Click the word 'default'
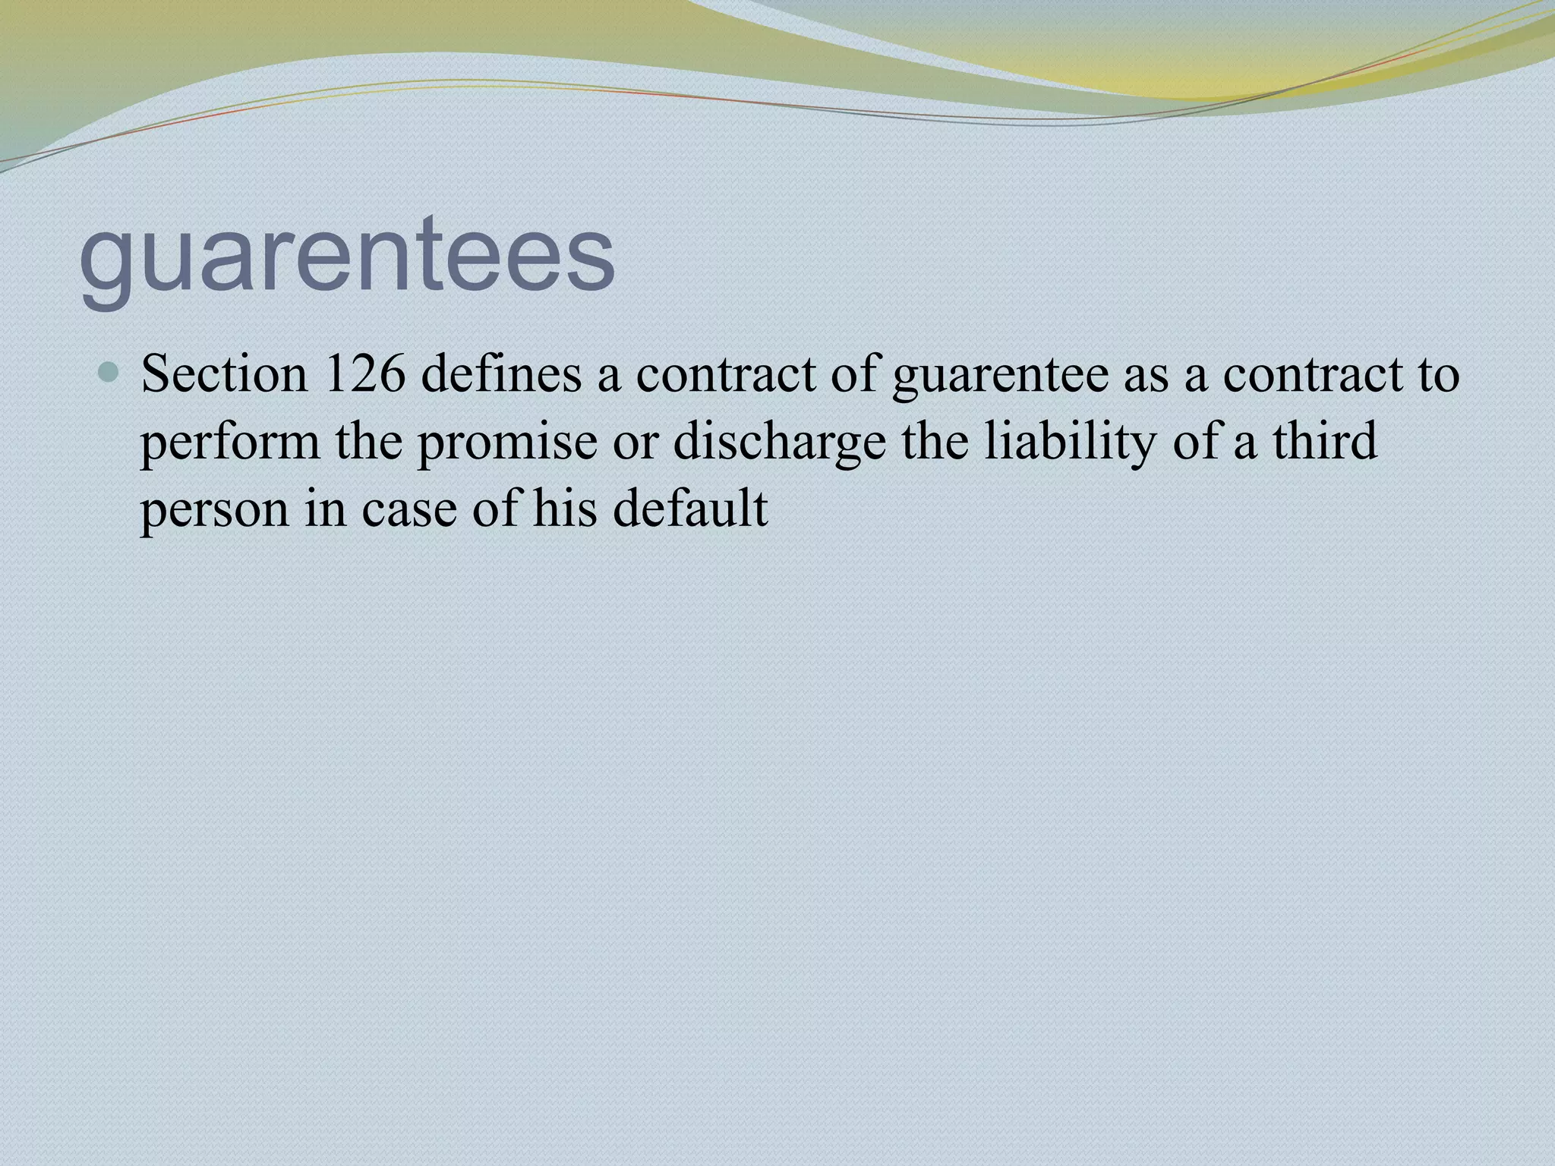[x=690, y=508]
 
